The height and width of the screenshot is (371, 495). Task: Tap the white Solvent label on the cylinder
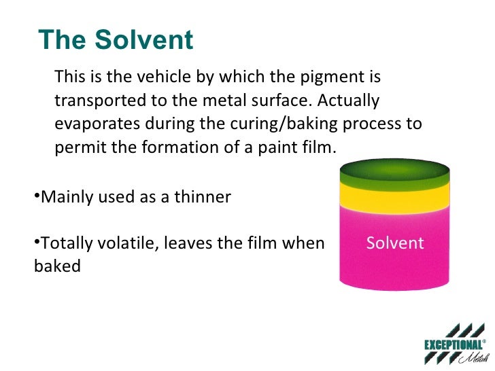pos(395,243)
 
